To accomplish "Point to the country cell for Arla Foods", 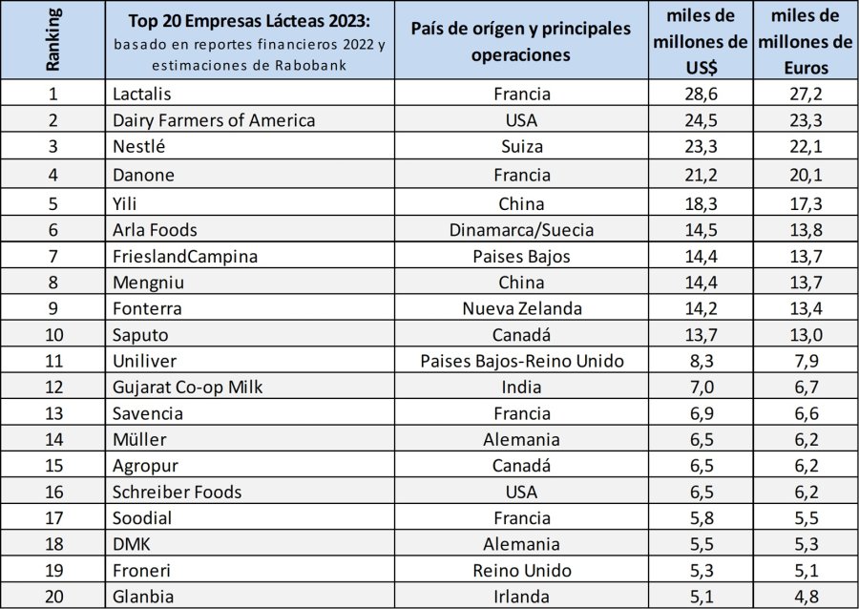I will pyautogui.click(x=521, y=229).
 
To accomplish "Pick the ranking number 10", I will pyautogui.click(x=53, y=334).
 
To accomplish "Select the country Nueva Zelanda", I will pyautogui.click(x=521, y=308).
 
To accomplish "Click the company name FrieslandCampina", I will pyautogui.click(x=185, y=256).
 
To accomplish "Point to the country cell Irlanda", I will pyautogui.click(x=521, y=598).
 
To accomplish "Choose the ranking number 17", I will pyautogui.click(x=53, y=518).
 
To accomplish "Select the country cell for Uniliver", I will pyautogui.click(x=521, y=361).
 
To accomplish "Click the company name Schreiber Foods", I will pyautogui.click(x=177, y=493).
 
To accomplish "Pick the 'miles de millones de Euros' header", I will pyautogui.click(x=805, y=41).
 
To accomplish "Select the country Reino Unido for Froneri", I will pyautogui.click(x=521, y=571).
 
